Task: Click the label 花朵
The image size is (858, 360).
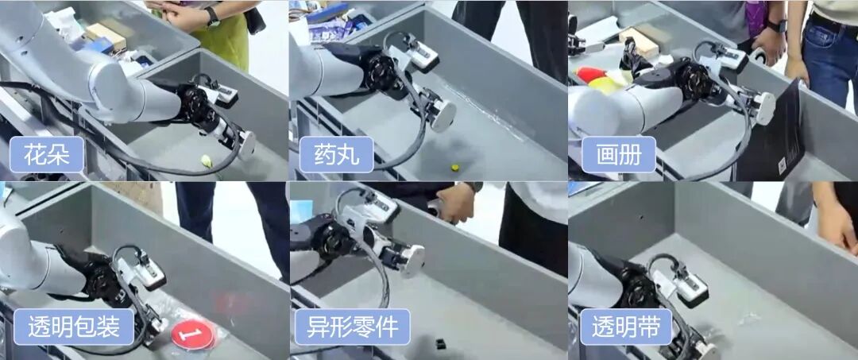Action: pos(47,154)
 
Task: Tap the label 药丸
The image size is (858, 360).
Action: pos(337,154)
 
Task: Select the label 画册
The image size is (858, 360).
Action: pos(618,154)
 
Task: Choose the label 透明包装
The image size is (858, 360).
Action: pos(73,327)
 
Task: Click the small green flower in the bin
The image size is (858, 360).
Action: pos(207,161)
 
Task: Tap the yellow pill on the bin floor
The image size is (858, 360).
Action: pos(454,167)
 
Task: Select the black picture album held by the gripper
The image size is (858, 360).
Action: pos(771,131)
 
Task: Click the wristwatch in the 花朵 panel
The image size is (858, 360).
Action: pos(212,17)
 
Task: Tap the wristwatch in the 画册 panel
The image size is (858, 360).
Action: pos(776,25)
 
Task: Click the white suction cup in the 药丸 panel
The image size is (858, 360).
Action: pos(444,115)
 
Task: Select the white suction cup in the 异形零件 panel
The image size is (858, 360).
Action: pos(412,261)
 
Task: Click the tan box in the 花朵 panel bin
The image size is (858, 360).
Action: pos(106,36)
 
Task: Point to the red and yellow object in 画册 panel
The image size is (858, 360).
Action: pos(597,80)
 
